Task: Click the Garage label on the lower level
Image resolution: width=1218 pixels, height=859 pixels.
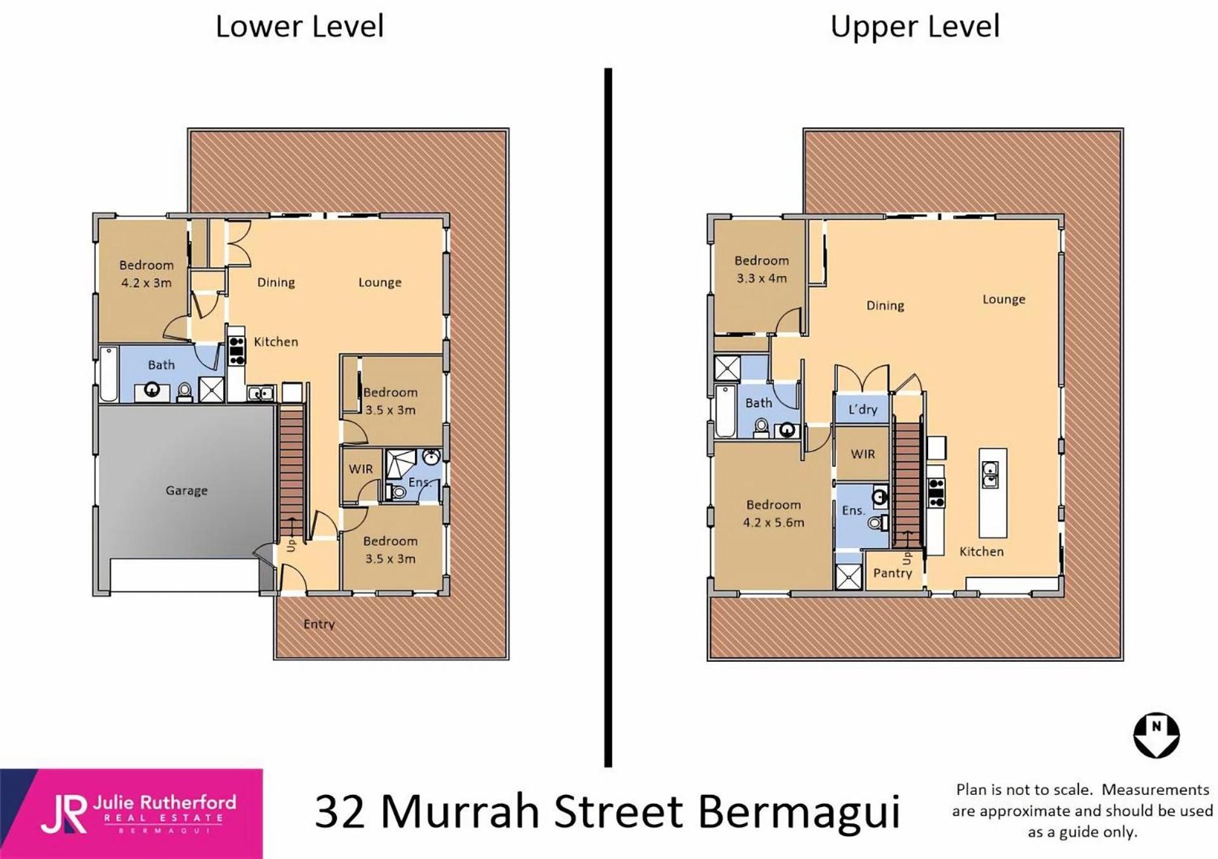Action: (x=187, y=490)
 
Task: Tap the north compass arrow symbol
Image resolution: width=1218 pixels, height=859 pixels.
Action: (x=1156, y=735)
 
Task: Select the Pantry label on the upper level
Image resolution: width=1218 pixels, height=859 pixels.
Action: (x=892, y=573)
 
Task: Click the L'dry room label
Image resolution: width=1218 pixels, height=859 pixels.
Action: (x=863, y=409)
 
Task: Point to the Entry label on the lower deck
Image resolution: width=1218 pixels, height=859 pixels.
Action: (x=318, y=624)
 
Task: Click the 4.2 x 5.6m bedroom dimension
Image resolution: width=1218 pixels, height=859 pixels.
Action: (x=773, y=523)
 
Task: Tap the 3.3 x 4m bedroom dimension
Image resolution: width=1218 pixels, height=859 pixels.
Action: (x=761, y=278)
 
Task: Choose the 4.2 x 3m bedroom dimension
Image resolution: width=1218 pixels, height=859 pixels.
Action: (x=146, y=283)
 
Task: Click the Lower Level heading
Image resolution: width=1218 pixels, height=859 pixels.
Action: (x=299, y=27)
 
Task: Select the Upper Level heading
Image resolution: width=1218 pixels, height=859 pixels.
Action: (x=915, y=27)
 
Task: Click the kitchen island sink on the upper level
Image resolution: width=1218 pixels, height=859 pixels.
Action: (x=990, y=475)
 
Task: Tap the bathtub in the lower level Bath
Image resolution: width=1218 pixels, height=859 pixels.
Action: (x=108, y=374)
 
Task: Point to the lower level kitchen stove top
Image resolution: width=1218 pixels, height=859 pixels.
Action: (x=236, y=351)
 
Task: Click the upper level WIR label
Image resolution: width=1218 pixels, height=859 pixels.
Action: (x=863, y=454)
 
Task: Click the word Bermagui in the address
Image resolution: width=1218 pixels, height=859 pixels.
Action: (x=799, y=812)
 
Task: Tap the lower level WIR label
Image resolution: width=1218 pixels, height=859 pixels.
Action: (x=360, y=469)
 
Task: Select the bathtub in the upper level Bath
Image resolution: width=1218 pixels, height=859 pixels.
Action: (x=725, y=411)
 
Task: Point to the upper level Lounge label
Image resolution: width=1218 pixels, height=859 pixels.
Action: (x=1004, y=299)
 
